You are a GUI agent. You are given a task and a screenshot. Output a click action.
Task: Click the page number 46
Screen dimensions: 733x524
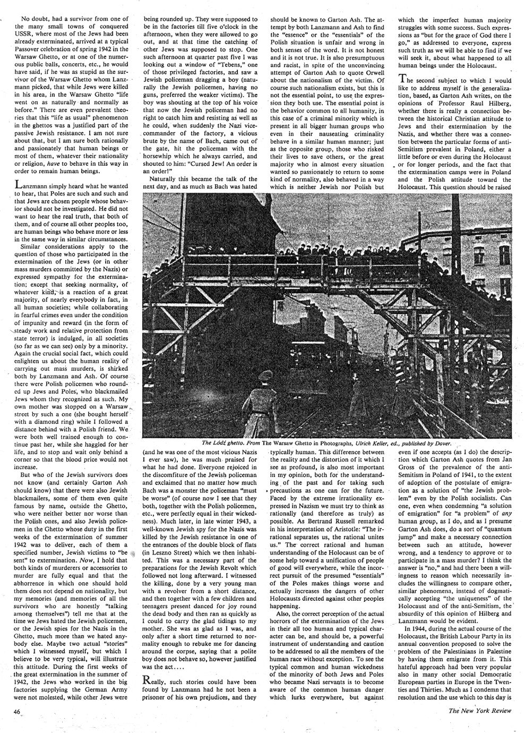(19, 711)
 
